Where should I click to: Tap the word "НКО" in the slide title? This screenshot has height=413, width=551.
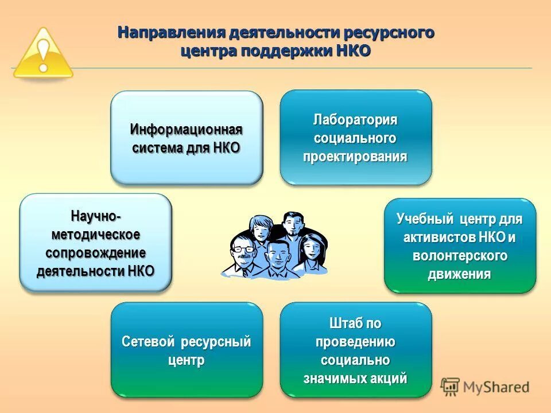[x=352, y=50]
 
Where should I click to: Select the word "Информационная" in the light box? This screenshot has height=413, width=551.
[x=186, y=129]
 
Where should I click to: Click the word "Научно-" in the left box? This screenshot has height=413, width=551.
[x=96, y=216]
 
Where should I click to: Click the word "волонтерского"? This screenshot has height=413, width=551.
[x=459, y=255]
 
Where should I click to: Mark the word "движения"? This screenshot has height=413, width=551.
[x=459, y=274]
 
